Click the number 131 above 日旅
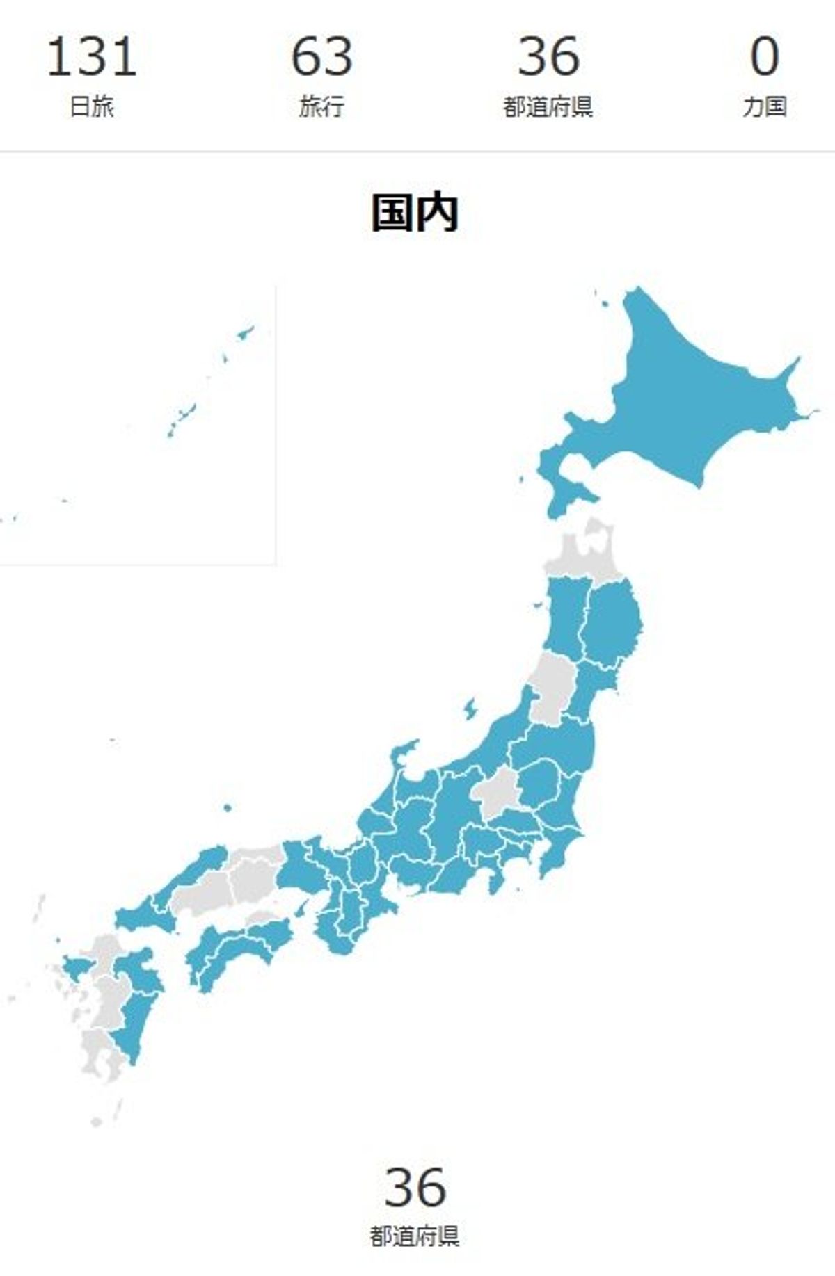(x=91, y=57)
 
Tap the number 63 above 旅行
(x=321, y=57)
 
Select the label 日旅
(x=91, y=107)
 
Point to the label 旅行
(x=321, y=107)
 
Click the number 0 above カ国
(x=764, y=57)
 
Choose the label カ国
(x=764, y=107)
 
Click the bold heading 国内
(x=415, y=213)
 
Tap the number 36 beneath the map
(x=415, y=1188)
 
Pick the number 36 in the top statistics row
(x=548, y=57)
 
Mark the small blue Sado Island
(x=470, y=709)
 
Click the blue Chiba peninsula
(x=557, y=852)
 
